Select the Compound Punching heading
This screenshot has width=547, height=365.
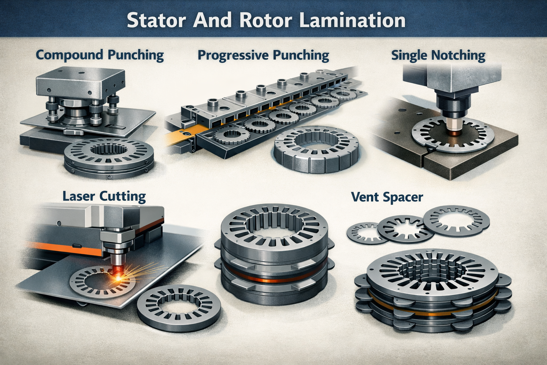tap(100, 55)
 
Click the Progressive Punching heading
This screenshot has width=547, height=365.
tap(263, 55)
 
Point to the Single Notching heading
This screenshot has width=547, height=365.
tap(438, 56)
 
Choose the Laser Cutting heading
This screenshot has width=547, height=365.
tap(104, 196)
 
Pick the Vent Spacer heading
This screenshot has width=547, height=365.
tap(387, 197)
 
